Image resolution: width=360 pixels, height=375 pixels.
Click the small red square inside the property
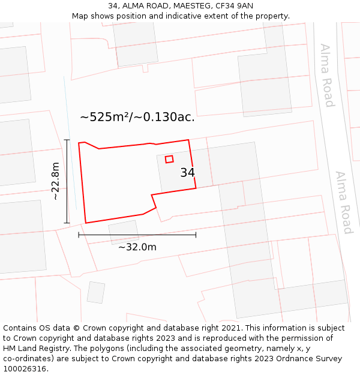169,159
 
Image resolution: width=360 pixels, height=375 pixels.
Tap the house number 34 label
187,173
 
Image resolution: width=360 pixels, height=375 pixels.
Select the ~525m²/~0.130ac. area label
137,117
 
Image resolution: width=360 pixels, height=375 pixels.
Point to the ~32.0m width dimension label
137,247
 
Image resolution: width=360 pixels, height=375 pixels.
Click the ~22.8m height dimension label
55,181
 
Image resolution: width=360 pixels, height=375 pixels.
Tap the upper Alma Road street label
326,75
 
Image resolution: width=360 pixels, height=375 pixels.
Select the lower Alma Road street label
344,203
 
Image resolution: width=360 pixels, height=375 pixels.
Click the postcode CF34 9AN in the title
236,5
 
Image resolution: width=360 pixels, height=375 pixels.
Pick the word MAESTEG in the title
190,5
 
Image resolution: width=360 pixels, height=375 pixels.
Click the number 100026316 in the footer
25,369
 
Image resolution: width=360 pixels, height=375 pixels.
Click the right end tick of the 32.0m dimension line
196,235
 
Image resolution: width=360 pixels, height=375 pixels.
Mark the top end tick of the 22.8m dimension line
67,140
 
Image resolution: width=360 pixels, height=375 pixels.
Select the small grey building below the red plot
124,232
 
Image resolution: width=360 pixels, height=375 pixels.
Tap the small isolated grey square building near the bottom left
96,292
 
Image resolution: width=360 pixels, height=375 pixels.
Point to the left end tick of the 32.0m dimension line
79,235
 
